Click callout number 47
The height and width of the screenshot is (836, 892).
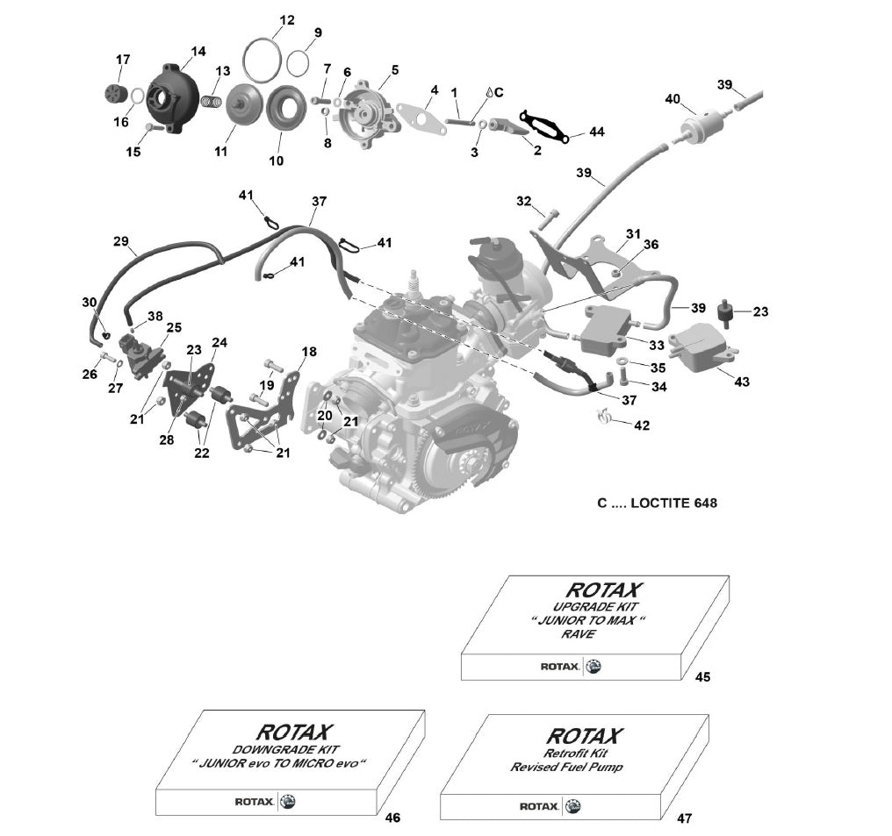coord(684,818)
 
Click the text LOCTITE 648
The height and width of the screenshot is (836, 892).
coord(667,504)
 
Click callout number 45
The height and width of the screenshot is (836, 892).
coord(702,677)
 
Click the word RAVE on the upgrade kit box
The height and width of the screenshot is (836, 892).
coord(580,633)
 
